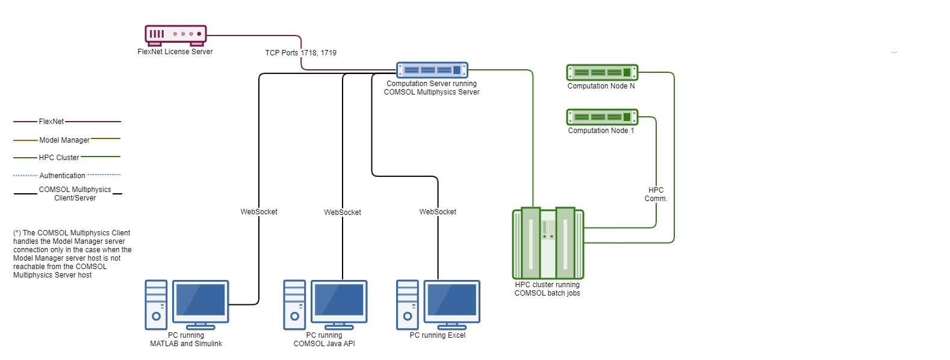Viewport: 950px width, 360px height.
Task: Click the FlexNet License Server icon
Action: [x=175, y=35]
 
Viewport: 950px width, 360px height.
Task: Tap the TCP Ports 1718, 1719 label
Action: [x=300, y=53]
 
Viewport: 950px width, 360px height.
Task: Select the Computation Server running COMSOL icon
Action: [x=432, y=70]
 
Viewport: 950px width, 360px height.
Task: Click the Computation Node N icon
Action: [x=601, y=72]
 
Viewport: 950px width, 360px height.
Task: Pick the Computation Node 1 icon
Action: [x=601, y=117]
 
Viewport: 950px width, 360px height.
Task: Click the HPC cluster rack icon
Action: [x=548, y=243]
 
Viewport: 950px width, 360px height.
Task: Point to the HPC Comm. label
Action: [x=656, y=194]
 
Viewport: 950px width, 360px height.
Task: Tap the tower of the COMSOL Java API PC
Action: [x=294, y=305]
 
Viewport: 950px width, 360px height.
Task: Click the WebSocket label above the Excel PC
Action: [x=438, y=212]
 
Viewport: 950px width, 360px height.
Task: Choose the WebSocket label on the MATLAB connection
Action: [x=259, y=212]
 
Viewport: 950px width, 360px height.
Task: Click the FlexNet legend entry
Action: [x=51, y=122]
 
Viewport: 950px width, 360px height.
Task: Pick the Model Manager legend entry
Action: [x=64, y=140]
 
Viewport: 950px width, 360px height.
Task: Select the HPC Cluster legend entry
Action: [x=59, y=158]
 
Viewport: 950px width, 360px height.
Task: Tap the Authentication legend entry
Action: [x=63, y=176]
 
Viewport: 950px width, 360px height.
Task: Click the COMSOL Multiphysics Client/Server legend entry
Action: [x=75, y=194]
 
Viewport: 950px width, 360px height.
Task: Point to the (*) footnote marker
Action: [x=17, y=233]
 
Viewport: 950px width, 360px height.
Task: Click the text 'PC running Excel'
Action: [x=438, y=335]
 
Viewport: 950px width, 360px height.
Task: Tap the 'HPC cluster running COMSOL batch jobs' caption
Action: [x=547, y=289]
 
